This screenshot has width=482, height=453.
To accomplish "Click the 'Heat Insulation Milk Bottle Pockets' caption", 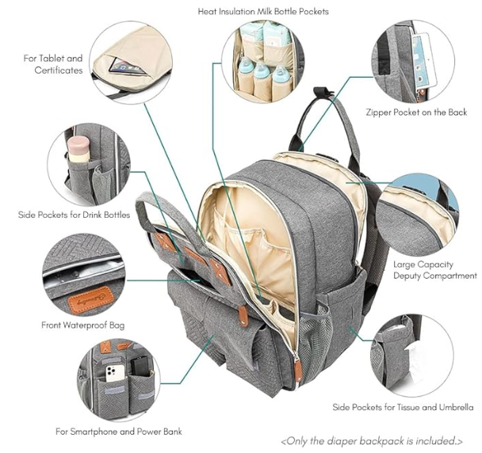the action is (263, 12).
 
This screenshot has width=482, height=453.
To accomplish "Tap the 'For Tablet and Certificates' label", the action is (53, 64).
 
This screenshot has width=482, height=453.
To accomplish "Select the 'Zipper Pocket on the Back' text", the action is (416, 112).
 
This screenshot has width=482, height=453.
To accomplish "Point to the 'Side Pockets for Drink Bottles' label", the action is (74, 215).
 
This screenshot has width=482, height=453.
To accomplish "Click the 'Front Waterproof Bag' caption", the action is (83, 325).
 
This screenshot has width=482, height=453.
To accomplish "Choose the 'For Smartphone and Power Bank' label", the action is (119, 432).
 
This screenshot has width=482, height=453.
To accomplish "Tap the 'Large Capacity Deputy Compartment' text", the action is (434, 270).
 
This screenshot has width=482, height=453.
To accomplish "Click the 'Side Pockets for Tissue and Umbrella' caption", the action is (403, 407).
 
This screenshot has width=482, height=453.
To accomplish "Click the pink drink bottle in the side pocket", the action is (78, 149).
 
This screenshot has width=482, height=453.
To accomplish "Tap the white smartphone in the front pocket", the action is (115, 373).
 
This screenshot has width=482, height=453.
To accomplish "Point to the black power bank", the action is (140, 366).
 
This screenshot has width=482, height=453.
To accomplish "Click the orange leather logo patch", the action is (91, 300).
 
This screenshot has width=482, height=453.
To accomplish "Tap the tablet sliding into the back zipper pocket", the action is (424, 60).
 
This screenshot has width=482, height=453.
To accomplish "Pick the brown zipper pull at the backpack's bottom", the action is (297, 370).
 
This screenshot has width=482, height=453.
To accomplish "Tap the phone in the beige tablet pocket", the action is (128, 67).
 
